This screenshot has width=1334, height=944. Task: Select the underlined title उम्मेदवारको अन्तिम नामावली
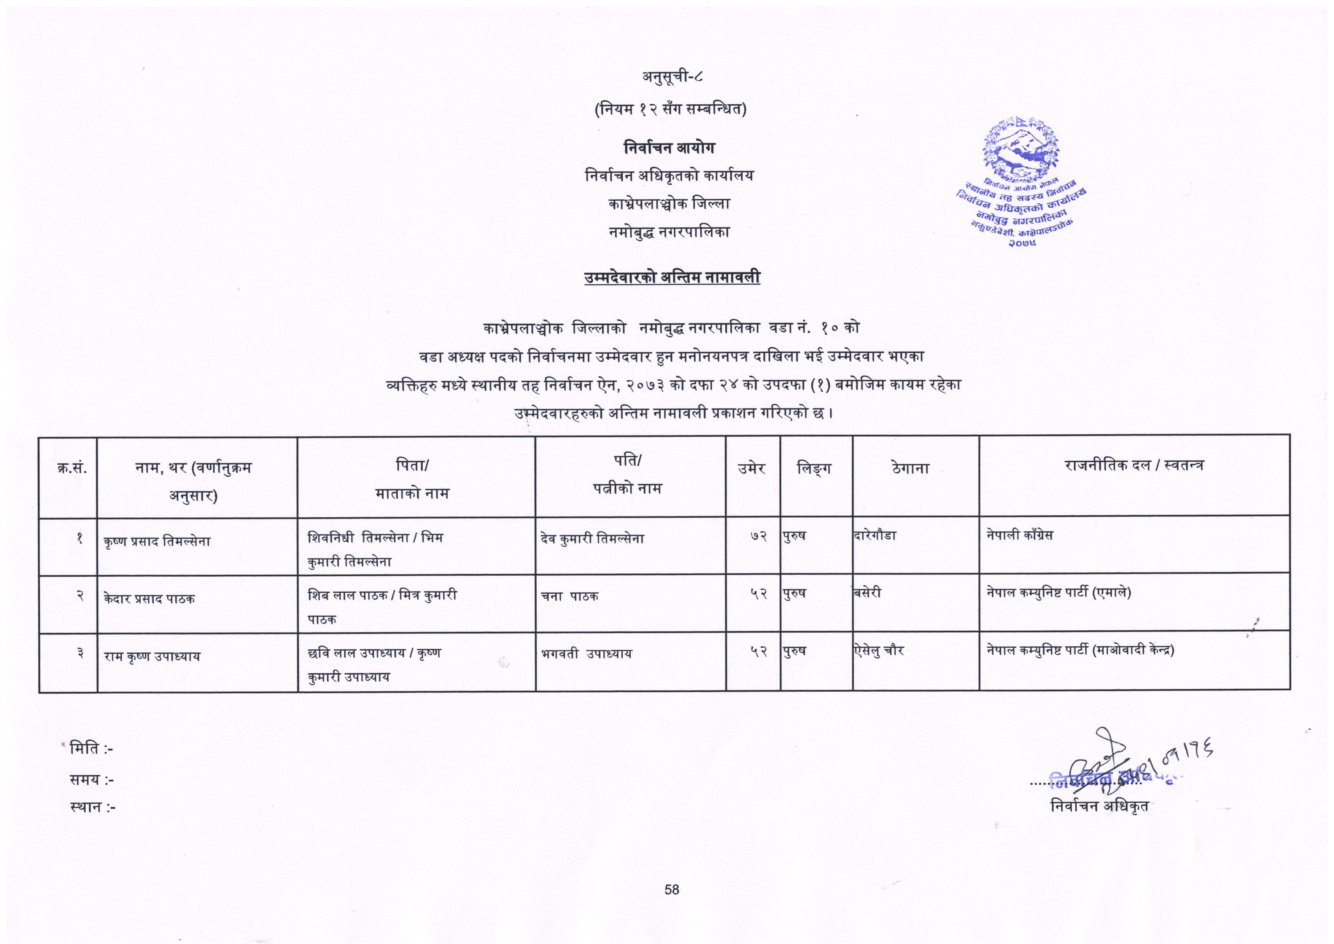click(x=672, y=278)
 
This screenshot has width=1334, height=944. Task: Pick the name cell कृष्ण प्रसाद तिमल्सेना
click(x=157, y=541)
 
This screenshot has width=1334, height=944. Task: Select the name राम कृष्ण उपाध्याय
click(x=152, y=656)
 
